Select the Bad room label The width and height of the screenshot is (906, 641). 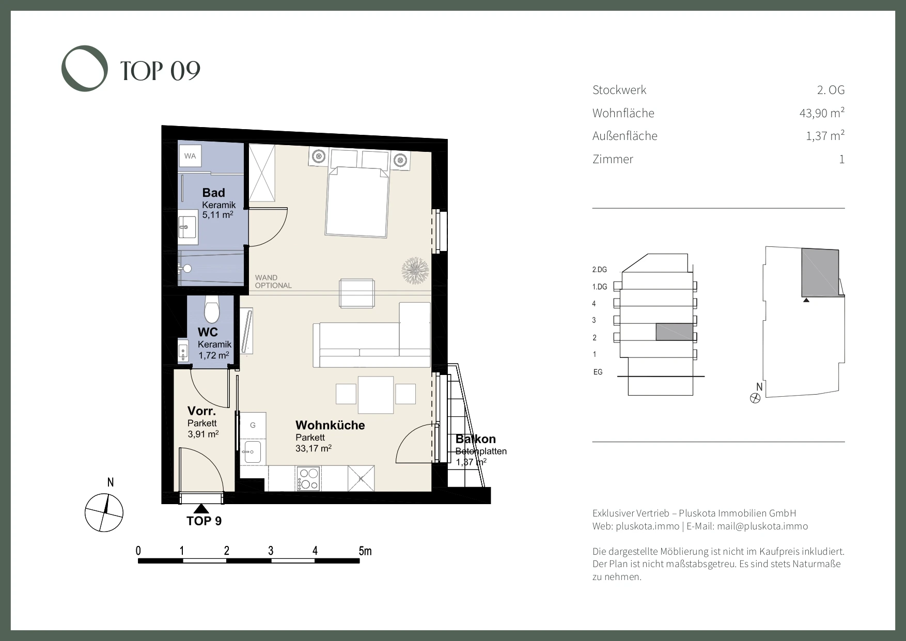pyautogui.click(x=213, y=193)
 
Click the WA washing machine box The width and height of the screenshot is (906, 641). pyautogui.click(x=190, y=156)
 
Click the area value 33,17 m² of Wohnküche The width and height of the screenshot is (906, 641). pyautogui.click(x=314, y=448)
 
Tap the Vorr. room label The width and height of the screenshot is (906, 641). pyautogui.click(x=201, y=411)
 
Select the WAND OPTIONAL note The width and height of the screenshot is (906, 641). pyautogui.click(x=273, y=282)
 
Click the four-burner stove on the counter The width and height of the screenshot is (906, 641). pyautogui.click(x=308, y=478)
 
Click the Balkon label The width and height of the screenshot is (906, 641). pyautogui.click(x=475, y=439)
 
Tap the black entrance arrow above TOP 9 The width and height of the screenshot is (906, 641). pyautogui.click(x=201, y=508)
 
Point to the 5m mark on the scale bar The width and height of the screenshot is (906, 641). pyautogui.click(x=365, y=551)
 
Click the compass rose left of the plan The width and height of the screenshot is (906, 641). pyautogui.click(x=104, y=512)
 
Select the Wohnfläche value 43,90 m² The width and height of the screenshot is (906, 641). pyautogui.click(x=822, y=113)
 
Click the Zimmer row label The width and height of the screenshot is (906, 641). pyautogui.click(x=613, y=159)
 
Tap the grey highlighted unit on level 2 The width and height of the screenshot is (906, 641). pyautogui.click(x=675, y=332)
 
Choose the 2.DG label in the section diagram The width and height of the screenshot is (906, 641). pyautogui.click(x=600, y=270)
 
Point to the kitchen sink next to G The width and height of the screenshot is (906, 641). pyautogui.click(x=253, y=452)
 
